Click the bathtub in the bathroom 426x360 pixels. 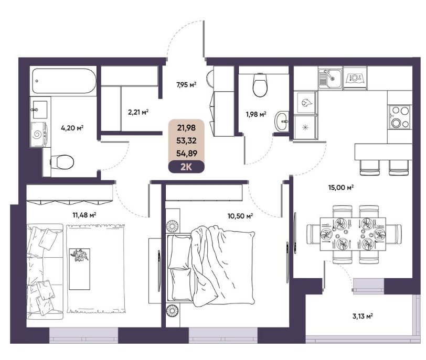[64, 81]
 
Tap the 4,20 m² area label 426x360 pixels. [72, 127]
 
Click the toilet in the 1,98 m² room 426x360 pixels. [260, 85]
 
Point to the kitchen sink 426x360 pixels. [330, 78]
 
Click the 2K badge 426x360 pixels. [186, 167]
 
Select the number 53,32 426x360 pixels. [186, 140]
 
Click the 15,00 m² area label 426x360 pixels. [341, 188]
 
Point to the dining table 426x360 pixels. [353, 234]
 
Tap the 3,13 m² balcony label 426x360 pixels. [363, 317]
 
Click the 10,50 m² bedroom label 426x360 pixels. [240, 216]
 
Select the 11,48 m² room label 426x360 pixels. [84, 215]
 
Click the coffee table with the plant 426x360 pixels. [80, 269]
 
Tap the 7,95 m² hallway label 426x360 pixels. [186, 85]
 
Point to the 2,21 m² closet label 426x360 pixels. [139, 112]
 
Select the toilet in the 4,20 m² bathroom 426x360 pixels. [62, 162]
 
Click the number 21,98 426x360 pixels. [186, 127]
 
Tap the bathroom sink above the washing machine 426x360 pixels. [40, 110]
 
